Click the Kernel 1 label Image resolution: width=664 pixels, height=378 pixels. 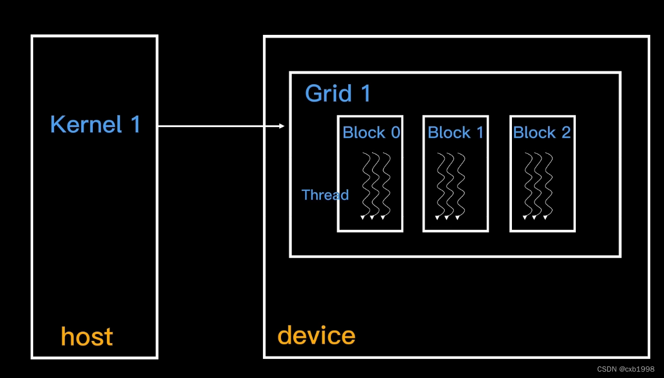pos(95,125)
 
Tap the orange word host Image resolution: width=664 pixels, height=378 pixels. pos(87,336)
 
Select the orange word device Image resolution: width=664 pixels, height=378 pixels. pos(316,335)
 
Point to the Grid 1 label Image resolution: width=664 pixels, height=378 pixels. pos(337,93)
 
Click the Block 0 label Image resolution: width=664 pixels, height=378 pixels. pos(371,132)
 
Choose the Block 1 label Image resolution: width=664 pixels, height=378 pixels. pos(456,132)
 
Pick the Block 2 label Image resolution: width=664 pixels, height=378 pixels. pos(542,132)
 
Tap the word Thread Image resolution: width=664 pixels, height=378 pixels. pos(325,195)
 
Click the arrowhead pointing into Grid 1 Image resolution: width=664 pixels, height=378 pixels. pos(282,126)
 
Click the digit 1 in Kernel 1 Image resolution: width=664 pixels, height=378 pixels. pos(135,125)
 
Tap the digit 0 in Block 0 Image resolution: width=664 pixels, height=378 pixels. pos(395,132)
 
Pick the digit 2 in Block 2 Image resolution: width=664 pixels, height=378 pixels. pos(565,132)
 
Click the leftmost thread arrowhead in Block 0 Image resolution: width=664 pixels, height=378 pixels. pos(363,218)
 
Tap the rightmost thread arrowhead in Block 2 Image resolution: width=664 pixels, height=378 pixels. pos(546,217)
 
